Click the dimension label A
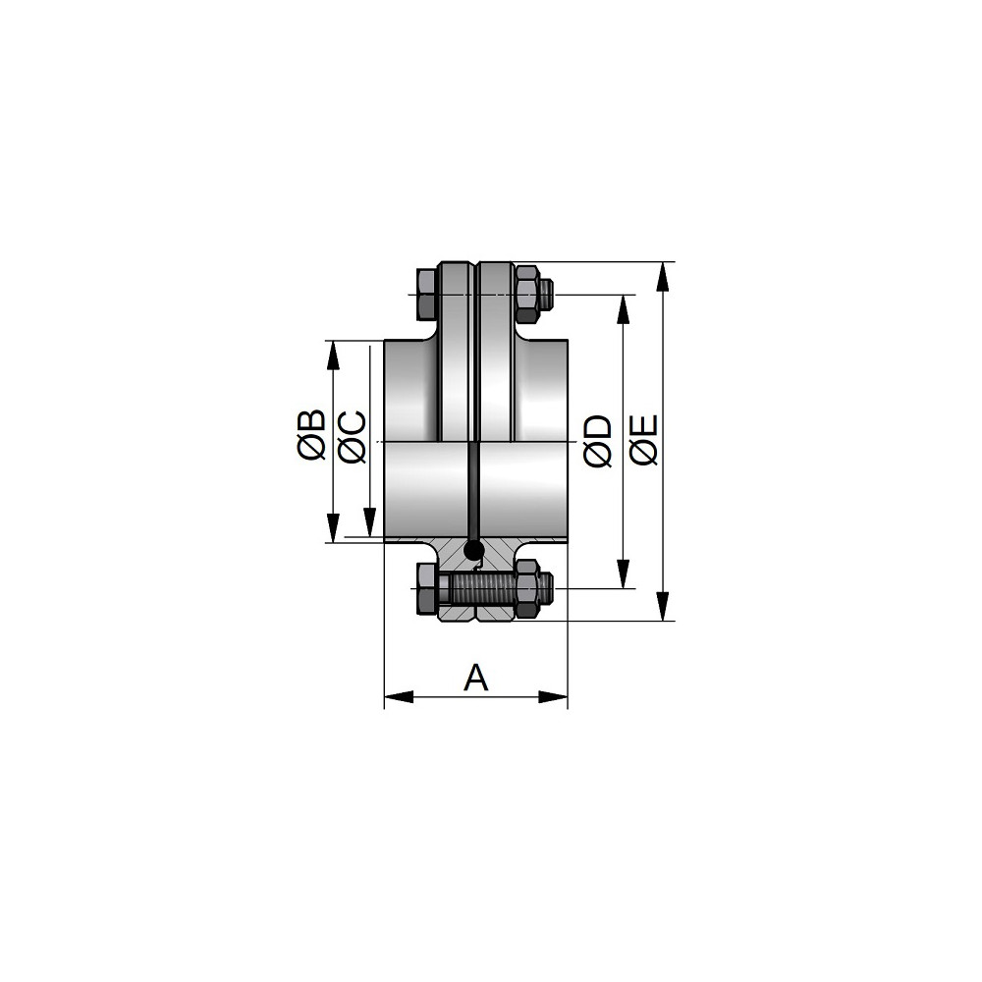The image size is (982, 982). pos(476,678)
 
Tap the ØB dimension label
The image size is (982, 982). pos(312,435)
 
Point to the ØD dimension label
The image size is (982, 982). pos(597,441)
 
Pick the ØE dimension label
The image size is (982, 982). pos(644,440)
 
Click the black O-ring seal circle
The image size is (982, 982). pos(473,550)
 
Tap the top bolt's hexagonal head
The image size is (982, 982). pos(426,295)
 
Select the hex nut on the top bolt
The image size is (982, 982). pos(527,295)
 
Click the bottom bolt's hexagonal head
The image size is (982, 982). pos(426,588)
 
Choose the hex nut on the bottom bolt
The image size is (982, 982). pos(527,588)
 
